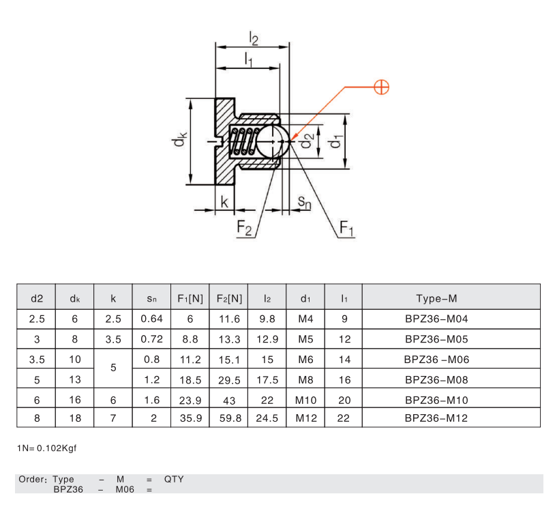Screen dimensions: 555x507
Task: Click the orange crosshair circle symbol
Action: pos(382,87)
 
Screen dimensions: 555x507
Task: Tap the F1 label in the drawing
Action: pos(346,228)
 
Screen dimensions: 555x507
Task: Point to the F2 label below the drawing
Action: pos(244,228)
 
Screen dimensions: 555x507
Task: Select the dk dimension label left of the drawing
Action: pos(179,139)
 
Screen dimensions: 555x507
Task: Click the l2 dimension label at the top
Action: pos(254,38)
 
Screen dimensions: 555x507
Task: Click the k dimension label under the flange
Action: pos(224,202)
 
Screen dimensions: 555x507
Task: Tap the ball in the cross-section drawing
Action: pos(271,142)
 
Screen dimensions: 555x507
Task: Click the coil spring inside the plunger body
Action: pos(244,142)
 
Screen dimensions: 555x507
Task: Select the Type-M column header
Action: pos(436,299)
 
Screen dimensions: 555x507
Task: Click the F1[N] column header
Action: pos(190,299)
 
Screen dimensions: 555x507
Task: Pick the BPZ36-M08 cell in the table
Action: pos(436,380)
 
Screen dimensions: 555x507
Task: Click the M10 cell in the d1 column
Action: pos(305,401)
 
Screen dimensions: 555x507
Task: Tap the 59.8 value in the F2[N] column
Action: pos(230,418)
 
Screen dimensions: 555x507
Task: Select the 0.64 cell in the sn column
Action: pos(151,319)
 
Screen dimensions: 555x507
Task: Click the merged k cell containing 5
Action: pos(113,367)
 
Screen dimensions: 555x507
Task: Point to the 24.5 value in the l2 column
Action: pos(267,418)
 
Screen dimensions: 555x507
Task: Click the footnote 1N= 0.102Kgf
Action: pos(47,448)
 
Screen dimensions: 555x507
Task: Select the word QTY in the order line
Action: pos(174,480)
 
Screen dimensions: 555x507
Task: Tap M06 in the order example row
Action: pos(125,490)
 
